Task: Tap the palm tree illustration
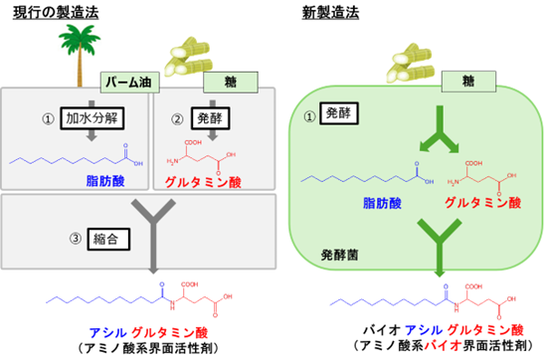[74, 45]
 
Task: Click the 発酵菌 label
[327, 255]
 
